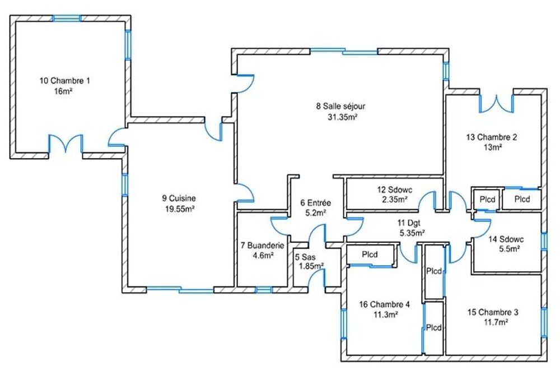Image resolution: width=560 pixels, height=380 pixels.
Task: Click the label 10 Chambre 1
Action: (64, 81)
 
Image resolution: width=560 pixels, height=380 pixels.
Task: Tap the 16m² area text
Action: (63, 91)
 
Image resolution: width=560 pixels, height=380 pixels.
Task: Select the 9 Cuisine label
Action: (179, 198)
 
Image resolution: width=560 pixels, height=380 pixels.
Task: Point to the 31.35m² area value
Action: (343, 117)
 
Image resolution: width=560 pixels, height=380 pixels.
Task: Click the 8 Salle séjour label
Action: (340, 106)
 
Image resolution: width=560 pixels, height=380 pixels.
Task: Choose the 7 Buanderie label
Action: (263, 245)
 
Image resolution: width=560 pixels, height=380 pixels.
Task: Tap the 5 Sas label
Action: (305, 257)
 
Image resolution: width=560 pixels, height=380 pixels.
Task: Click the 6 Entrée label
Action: (316, 203)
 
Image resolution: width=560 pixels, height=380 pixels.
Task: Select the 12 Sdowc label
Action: (395, 189)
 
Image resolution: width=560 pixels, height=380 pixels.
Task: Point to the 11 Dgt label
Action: (409, 223)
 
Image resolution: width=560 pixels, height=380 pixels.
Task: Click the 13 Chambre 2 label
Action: (492, 137)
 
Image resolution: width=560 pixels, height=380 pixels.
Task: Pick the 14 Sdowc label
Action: (506, 239)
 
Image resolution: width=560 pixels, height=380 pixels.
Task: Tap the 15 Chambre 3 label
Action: (493, 312)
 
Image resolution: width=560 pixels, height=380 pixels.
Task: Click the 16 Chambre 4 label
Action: (384, 304)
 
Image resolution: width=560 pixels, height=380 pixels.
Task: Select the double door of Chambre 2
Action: (496, 104)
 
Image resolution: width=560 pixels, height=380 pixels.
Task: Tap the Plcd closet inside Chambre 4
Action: (370, 254)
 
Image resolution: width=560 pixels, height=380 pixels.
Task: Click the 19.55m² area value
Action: (179, 209)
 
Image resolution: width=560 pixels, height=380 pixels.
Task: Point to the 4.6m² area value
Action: (263, 256)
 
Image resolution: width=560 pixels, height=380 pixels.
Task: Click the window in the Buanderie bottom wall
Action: (263, 290)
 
